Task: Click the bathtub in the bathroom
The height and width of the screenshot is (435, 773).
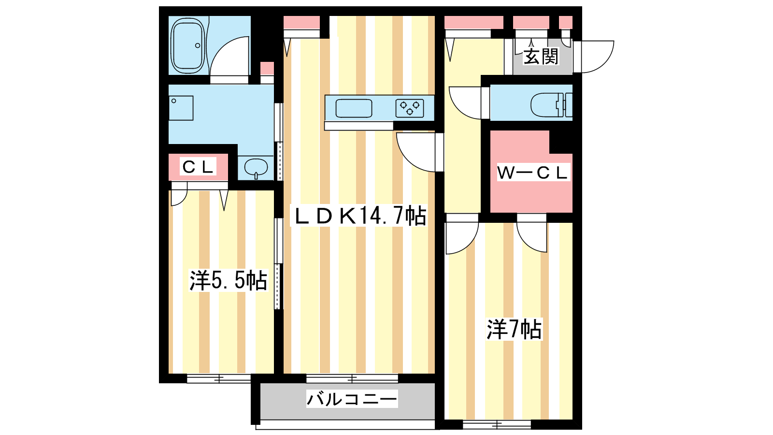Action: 187,46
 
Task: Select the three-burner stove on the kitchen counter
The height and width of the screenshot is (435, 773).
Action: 410,108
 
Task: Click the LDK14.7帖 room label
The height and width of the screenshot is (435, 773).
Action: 360,216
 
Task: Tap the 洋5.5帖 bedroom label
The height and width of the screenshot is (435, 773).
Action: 228,280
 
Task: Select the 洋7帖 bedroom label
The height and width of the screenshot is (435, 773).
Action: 514,330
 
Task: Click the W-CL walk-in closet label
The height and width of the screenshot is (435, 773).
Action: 532,173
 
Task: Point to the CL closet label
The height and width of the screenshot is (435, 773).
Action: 198,167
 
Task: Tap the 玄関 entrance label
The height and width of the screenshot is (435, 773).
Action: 541,57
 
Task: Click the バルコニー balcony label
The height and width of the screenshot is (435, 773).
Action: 352,399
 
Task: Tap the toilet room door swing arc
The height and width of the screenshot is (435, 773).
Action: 465,102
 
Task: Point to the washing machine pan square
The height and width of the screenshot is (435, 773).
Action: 181,108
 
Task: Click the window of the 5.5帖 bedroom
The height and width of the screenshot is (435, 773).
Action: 219,379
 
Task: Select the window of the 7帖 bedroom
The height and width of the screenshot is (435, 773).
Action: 497,425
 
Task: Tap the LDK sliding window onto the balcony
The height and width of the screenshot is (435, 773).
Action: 352,378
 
